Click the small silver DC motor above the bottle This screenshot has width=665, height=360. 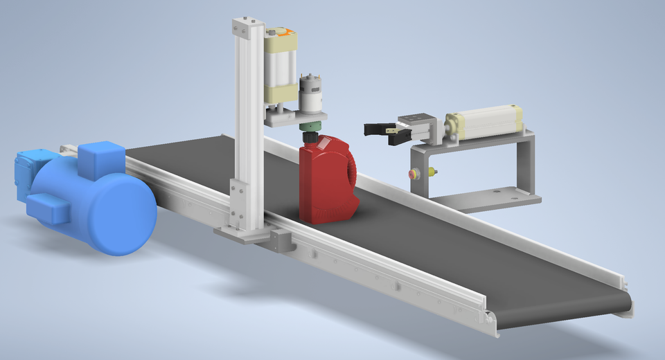[x=310, y=93]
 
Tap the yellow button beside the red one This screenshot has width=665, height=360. [x=433, y=170]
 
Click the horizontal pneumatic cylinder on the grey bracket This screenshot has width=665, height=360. [x=484, y=121]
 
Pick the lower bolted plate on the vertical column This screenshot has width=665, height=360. [x=237, y=201]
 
